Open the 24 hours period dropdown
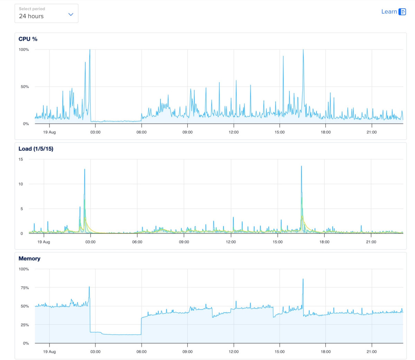(46, 13)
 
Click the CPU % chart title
(28, 39)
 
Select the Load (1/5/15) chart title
(36, 149)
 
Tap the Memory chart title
(29, 258)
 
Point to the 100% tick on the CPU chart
(24, 49)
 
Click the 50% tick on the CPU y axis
(25, 86)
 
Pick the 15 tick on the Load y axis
(21, 159)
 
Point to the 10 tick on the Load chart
(21, 184)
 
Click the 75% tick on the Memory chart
(25, 287)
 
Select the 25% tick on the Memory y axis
(25, 325)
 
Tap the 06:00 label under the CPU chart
(141, 132)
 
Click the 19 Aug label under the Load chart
(44, 242)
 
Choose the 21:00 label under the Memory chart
(372, 351)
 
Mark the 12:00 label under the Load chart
(231, 242)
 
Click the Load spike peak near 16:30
(301, 167)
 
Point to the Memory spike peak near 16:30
(303, 279)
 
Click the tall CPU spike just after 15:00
(283, 56)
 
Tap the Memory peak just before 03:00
(89, 287)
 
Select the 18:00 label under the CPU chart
(326, 132)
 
